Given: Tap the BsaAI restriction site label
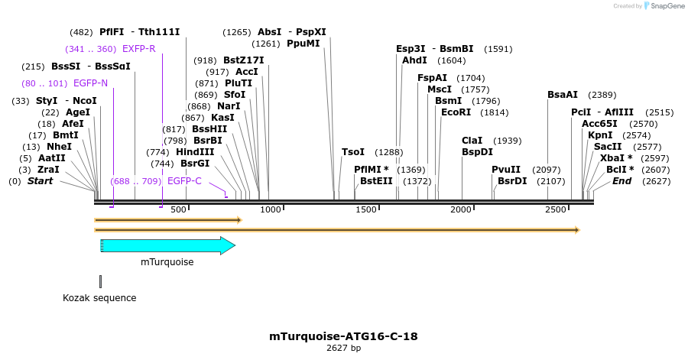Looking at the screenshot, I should (x=563, y=95).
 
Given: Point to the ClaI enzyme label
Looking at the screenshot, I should (x=472, y=141).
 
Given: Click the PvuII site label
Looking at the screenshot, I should (x=505, y=170).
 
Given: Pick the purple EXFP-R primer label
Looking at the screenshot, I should (x=138, y=49).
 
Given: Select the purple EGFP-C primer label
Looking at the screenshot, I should (x=184, y=181).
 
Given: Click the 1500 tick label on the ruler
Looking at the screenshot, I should (x=366, y=209).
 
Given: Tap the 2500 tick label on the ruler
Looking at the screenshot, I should (x=556, y=209).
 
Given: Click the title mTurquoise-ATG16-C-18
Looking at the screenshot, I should (x=343, y=336).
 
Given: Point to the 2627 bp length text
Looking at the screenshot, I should (x=343, y=349).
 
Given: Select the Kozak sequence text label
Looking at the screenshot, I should (x=99, y=298).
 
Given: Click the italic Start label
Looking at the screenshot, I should (x=41, y=181).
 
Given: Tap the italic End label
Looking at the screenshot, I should (x=622, y=181).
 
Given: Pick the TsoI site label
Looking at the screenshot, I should (x=353, y=152).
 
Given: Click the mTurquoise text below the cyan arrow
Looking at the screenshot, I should (x=167, y=262).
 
